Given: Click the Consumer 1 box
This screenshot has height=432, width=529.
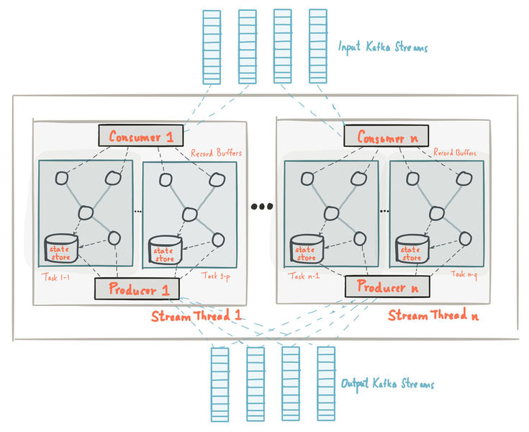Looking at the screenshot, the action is point(141,135).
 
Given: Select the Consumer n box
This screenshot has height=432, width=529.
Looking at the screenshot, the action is point(386,136).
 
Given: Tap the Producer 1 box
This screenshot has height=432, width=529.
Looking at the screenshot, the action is point(137,289).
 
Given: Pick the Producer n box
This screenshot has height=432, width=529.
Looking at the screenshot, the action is point(387,287).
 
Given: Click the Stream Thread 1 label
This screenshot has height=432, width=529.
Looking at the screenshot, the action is point(196,315).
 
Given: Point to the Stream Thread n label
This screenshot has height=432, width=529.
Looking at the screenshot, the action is point(433,315).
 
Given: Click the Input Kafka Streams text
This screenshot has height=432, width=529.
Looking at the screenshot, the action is point(383,47).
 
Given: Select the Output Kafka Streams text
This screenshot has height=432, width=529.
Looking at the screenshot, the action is point(388,384).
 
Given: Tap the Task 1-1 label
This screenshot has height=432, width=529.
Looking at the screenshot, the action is point(56,277).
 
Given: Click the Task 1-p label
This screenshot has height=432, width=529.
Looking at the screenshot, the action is point(216,276).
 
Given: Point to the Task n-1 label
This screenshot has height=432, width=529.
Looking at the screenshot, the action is point(304,276).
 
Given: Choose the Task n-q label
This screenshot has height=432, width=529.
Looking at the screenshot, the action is point(464,274).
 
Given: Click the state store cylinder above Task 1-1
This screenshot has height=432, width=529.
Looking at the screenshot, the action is point(61,248).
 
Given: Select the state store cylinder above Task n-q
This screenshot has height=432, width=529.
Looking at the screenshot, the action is point(412,249).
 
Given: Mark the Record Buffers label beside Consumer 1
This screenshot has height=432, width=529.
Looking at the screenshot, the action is point(216,153).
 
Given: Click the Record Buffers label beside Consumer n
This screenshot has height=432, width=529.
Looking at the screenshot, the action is point(455,152).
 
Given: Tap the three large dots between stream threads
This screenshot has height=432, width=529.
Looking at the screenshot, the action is point(262,206).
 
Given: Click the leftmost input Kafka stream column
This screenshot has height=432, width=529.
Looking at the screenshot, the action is point(212,47).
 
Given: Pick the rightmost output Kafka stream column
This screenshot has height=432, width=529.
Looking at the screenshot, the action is point(326,384).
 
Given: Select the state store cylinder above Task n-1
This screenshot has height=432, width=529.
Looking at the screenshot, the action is point(307,249).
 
